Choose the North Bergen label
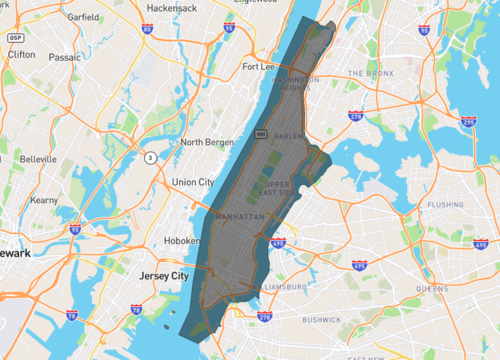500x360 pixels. pyautogui.click(x=206, y=142)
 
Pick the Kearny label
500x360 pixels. pyautogui.click(x=44, y=200)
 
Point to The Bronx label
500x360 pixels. pyautogui.click(x=371, y=74)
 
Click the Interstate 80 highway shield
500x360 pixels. pyautogui.click(x=147, y=30)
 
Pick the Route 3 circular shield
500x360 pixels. pyautogui.click(x=148, y=157)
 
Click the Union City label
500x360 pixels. pyautogui.click(x=193, y=182)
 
